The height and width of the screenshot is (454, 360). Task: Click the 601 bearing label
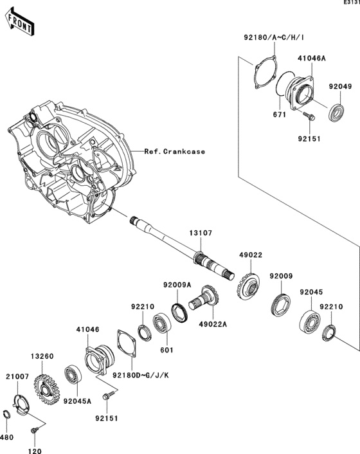click(x=165, y=350)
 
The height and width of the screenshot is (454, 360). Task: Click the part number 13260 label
click(x=39, y=354)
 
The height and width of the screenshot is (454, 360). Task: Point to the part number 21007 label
click(x=16, y=376)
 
